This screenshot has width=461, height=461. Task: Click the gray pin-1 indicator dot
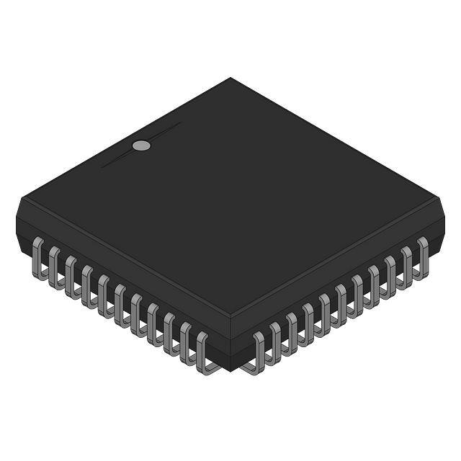click(142, 146)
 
